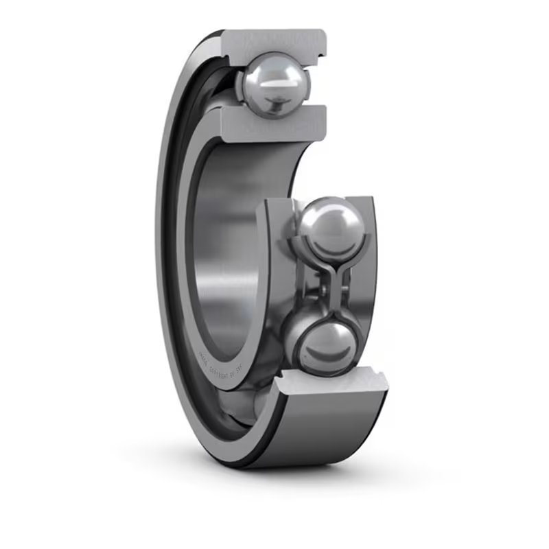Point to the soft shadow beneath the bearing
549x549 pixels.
coord(288,480)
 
